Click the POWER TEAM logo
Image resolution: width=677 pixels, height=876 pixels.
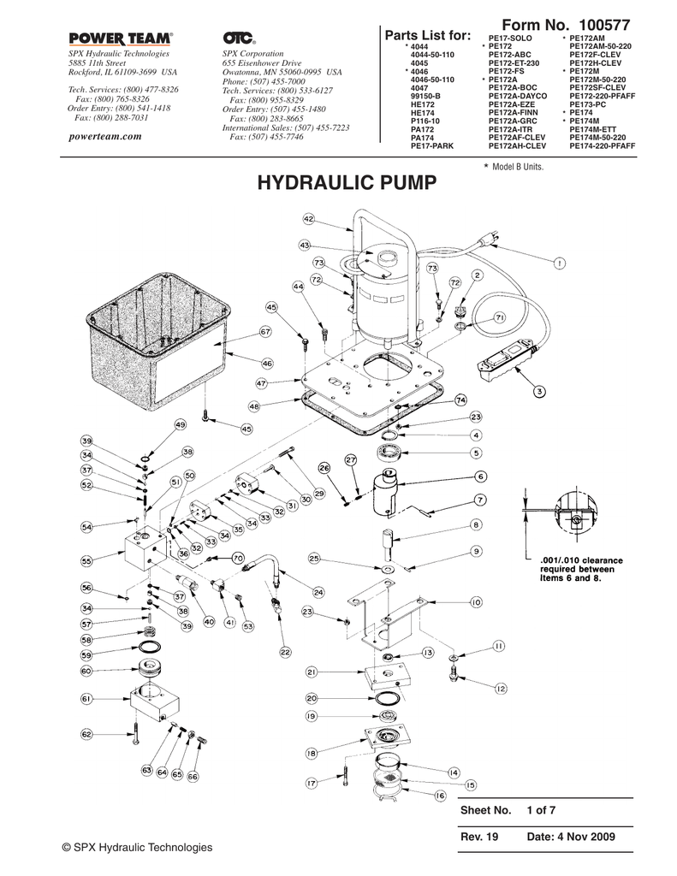point(120,38)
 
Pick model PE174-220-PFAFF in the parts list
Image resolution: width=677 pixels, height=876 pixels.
point(602,146)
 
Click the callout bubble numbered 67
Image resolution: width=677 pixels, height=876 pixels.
point(265,331)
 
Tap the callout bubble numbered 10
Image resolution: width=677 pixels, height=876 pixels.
point(476,602)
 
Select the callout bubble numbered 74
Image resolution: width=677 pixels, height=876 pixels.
point(460,400)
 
